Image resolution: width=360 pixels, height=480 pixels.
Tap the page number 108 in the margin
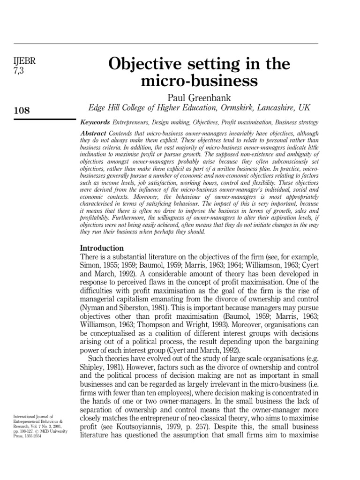point(22,111)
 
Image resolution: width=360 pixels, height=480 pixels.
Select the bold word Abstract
point(93,133)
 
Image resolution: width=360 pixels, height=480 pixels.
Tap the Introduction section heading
point(102,247)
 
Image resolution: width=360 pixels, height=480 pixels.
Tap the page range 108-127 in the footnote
point(28,431)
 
